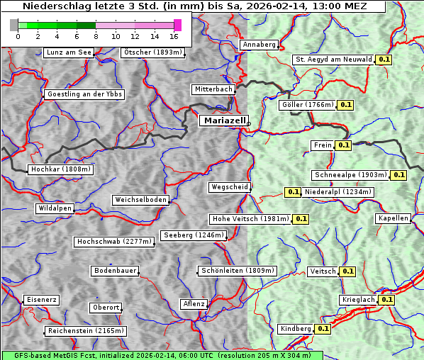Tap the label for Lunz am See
(68, 52)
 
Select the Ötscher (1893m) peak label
(152, 52)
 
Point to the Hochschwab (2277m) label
(113, 242)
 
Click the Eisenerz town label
(40, 300)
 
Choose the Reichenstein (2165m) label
(85, 331)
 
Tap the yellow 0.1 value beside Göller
(345, 105)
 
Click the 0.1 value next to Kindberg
(323, 329)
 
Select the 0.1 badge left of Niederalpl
(293, 192)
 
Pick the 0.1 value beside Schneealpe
(398, 175)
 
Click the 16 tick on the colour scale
(174, 36)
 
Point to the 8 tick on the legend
(96, 36)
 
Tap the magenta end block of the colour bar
(177, 25)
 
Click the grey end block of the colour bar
(14, 25)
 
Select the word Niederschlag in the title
(52, 6)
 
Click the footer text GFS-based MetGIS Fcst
(50, 355)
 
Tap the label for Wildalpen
(55, 209)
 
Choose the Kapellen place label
(393, 218)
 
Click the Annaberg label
(259, 45)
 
